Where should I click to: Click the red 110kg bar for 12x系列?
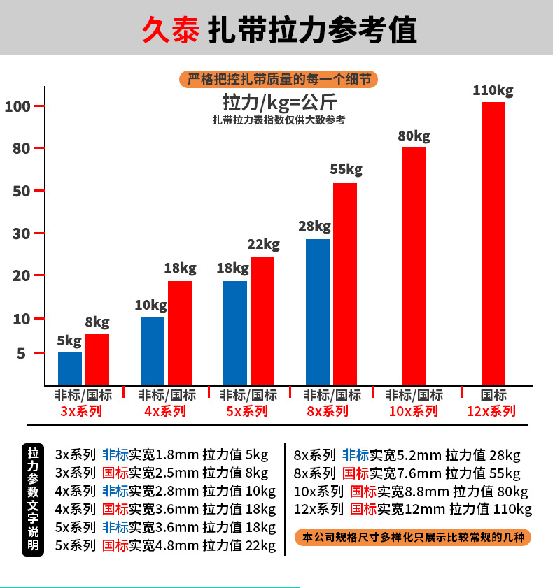(493, 243)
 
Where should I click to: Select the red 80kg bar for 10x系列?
(414, 265)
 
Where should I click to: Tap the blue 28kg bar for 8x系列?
(318, 311)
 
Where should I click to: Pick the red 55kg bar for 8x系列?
(345, 283)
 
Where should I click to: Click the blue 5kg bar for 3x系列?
(70, 368)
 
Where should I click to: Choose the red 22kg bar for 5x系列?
(262, 320)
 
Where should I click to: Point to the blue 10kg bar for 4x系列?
(153, 350)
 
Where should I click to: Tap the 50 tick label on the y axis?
(21, 191)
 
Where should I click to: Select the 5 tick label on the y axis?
(21, 354)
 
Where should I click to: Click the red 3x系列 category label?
(81, 411)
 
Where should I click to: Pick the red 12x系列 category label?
(491, 411)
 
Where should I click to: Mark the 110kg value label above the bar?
(493, 91)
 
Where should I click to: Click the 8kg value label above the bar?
(97, 322)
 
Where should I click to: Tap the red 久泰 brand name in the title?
(170, 31)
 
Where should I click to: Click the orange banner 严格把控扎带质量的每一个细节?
(279, 78)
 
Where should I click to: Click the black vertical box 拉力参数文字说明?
(34, 499)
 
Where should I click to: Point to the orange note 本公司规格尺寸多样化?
(412, 538)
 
